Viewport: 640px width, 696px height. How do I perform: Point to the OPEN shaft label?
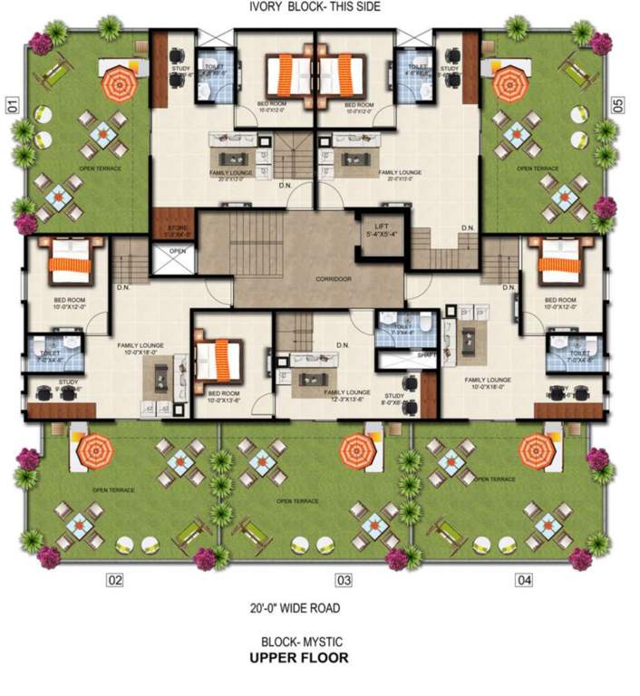[x=177, y=252]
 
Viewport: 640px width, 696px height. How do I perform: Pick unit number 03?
[x=344, y=580]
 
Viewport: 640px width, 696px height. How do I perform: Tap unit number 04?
[x=525, y=580]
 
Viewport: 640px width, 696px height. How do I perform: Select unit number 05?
[x=619, y=105]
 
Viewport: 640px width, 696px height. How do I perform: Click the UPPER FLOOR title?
[x=298, y=659]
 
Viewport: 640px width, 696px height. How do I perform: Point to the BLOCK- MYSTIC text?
[x=298, y=640]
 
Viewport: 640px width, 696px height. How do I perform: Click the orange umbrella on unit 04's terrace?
[x=537, y=448]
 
